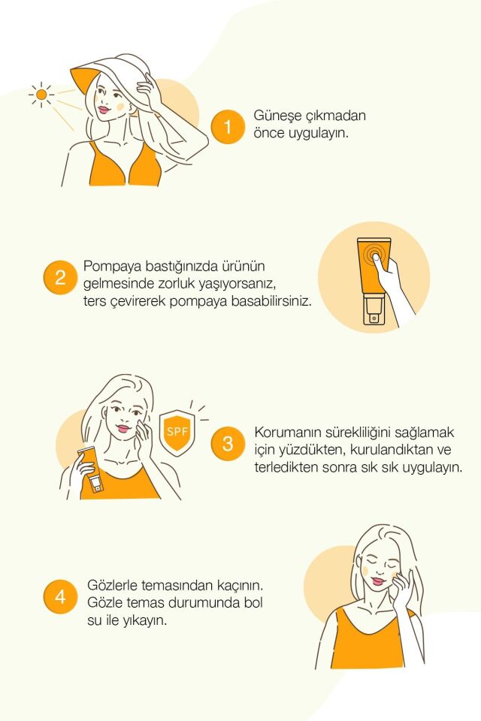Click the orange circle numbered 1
tap(228, 127)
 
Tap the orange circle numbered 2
tap(60, 278)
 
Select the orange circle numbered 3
tap(228, 444)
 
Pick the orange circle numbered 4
tap(60, 597)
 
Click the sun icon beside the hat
tap(41, 95)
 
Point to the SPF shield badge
tap(177, 433)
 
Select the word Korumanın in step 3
tap(288, 433)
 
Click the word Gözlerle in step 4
tap(112, 584)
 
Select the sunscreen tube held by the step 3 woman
tap(91, 471)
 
